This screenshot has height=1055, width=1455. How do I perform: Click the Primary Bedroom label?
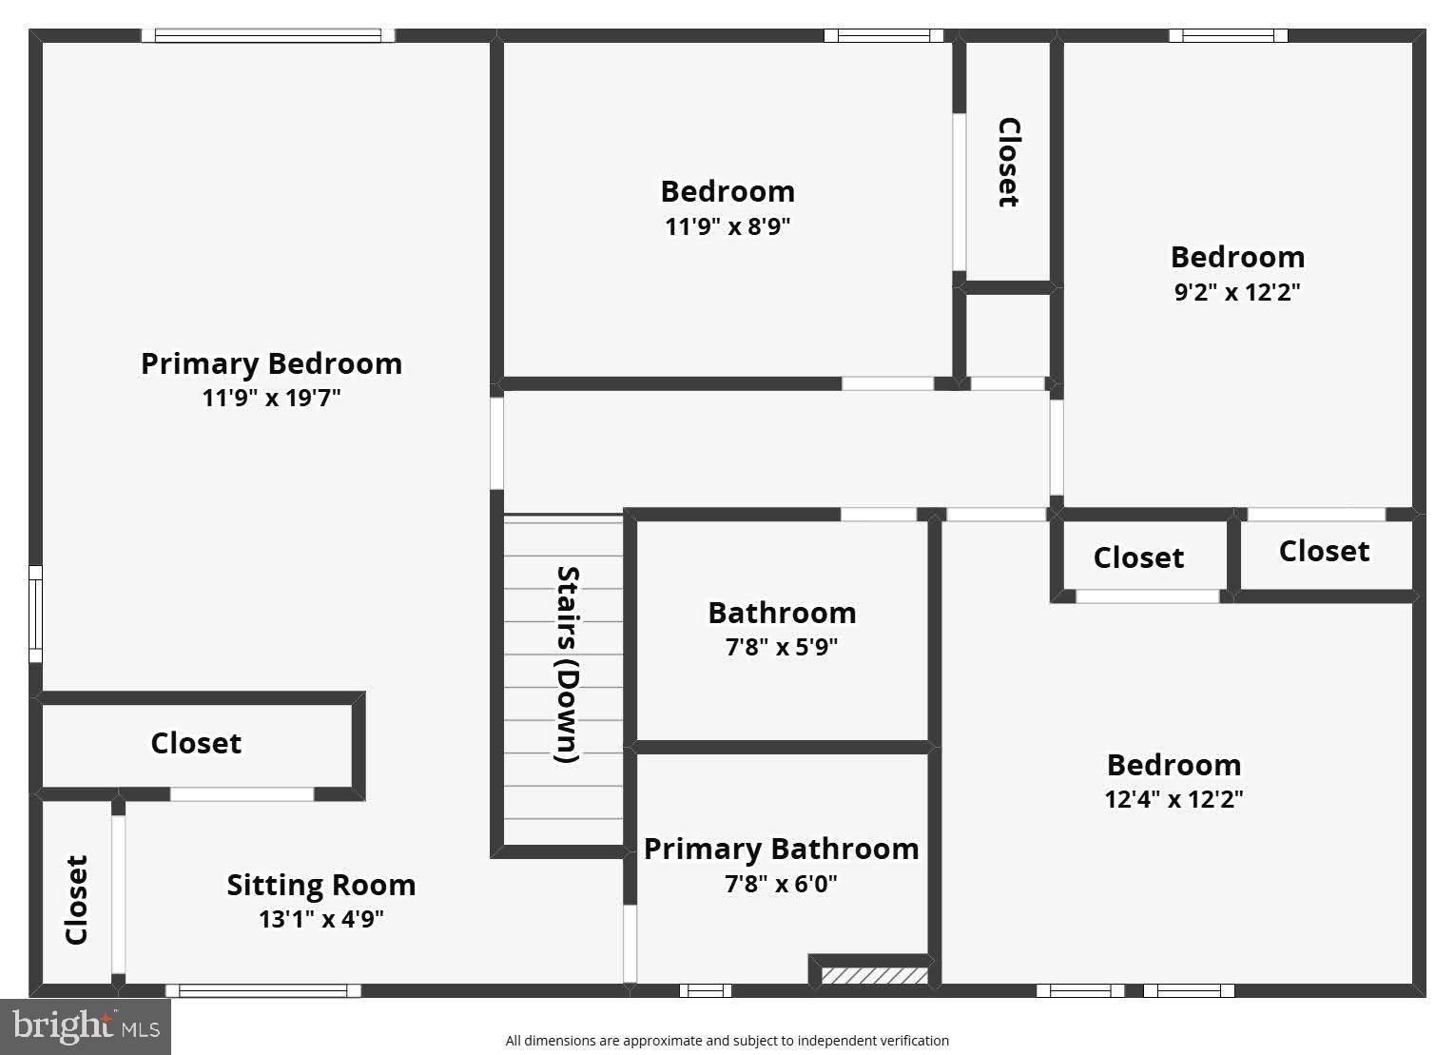[x=271, y=363]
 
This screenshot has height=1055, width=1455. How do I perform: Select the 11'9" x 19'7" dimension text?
[x=271, y=398]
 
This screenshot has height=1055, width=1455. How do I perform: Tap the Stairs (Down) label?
[x=567, y=664]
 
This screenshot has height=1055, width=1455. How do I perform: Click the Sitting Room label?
[x=320, y=885]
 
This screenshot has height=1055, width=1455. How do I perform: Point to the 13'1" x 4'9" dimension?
[x=320, y=919]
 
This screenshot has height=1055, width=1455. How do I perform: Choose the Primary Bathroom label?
[x=781, y=849]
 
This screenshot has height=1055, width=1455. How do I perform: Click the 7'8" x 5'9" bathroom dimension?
[x=781, y=647]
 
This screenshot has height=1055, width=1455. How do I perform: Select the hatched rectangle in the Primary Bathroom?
[x=874, y=975]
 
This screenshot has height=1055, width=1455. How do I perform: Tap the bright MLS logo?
[x=85, y=1026]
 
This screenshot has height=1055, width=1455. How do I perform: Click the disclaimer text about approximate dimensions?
[x=727, y=1041]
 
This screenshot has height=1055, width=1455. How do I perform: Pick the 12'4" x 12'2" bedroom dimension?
[x=1174, y=799]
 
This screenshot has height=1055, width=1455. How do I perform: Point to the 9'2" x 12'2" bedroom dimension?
[x=1236, y=291]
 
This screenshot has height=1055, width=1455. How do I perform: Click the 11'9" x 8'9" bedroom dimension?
[x=727, y=226]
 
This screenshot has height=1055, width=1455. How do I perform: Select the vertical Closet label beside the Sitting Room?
[x=77, y=899]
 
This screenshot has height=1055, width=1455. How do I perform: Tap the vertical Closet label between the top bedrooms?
[x=1008, y=162]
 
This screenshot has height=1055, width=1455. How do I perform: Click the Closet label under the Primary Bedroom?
[x=196, y=743]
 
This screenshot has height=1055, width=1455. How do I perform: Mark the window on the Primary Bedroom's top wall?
[x=267, y=36]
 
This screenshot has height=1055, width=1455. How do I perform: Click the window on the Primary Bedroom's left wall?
[x=35, y=614]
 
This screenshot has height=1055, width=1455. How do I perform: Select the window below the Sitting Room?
[x=263, y=990]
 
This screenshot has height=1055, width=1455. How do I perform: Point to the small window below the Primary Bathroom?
[x=706, y=990]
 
